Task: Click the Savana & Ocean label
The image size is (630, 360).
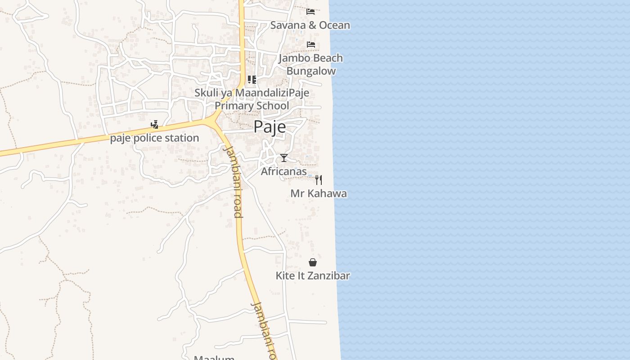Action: [310, 25]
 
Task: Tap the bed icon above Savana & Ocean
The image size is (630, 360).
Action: [310, 11]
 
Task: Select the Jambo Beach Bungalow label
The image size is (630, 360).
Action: [310, 64]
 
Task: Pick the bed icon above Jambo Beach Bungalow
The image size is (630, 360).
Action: [310, 44]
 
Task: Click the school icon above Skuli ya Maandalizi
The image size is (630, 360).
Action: [252, 80]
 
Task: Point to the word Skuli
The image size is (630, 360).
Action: [206, 93]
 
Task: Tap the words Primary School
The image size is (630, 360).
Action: [252, 106]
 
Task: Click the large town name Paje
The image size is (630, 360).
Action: [270, 127]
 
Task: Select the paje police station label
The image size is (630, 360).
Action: [154, 138]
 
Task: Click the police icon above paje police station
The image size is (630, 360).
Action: [154, 125]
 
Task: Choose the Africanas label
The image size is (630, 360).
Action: [283, 171]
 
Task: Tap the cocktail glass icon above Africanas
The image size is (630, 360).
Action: [284, 158]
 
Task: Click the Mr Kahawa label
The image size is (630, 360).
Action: [319, 193]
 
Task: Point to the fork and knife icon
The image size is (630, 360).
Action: [319, 180]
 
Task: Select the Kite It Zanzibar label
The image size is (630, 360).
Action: [313, 275]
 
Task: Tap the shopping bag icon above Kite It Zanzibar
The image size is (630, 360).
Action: [313, 262]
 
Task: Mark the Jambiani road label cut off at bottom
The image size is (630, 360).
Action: [264, 331]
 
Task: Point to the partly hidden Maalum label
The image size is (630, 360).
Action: [214, 357]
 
